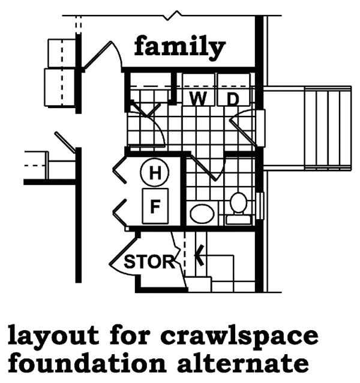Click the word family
(179, 46)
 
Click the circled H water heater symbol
(155, 174)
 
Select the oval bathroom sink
(202, 213)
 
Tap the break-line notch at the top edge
(175, 13)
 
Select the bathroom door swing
(204, 168)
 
